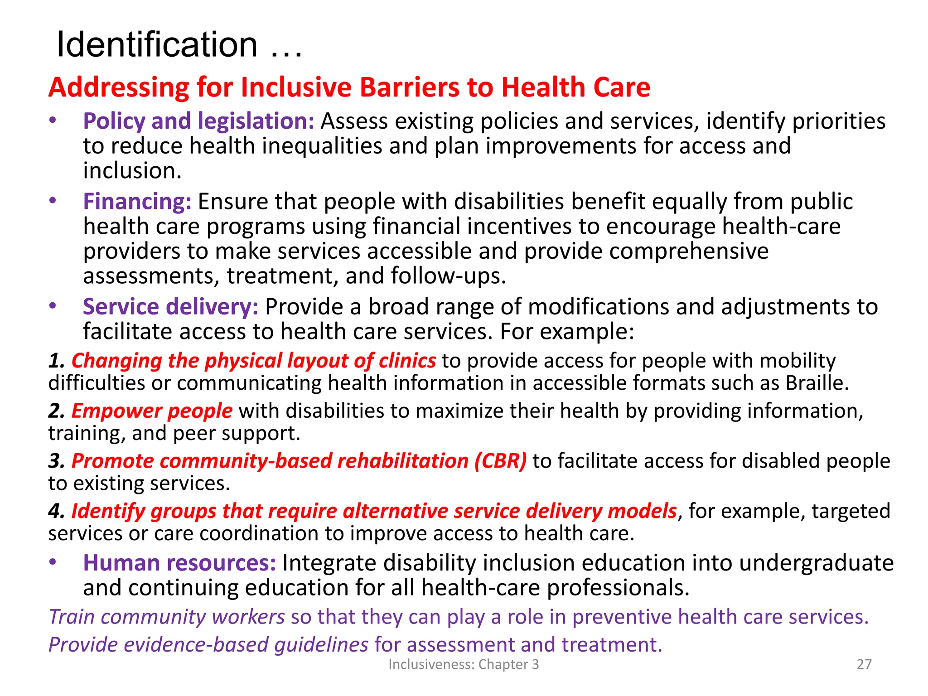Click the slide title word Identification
[x=157, y=45]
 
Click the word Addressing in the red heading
[x=119, y=87]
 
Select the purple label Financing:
[x=137, y=202]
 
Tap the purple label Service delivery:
[x=170, y=307]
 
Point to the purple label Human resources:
[x=179, y=563]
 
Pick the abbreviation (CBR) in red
[x=500, y=461]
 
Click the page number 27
[x=864, y=664]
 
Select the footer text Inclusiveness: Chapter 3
[x=464, y=664]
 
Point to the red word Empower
[x=117, y=411]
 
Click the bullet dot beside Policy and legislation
[x=53, y=121]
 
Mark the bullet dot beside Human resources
[x=53, y=562]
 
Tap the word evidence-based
[x=196, y=645]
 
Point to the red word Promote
[x=113, y=461]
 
